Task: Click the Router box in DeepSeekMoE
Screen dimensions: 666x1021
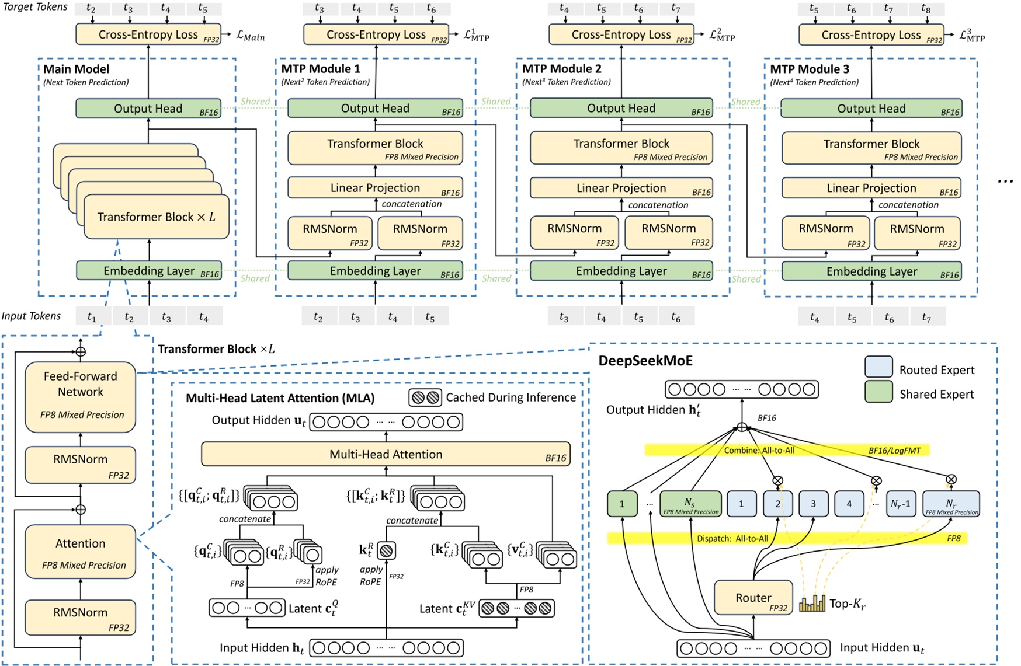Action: pyautogui.click(x=753, y=598)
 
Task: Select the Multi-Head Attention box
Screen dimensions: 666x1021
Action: pyautogui.click(x=386, y=454)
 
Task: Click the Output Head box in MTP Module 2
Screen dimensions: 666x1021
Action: pyautogui.click(x=621, y=108)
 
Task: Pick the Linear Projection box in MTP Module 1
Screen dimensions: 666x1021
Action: pyautogui.click(x=375, y=188)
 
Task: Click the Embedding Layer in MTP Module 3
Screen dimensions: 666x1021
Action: pyautogui.click(x=871, y=271)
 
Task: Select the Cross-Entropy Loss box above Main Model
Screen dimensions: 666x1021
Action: pyautogui.click(x=148, y=34)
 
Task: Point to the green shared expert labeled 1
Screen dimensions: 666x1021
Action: pyautogui.click(x=621, y=504)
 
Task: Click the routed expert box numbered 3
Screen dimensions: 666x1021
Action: pyautogui.click(x=813, y=504)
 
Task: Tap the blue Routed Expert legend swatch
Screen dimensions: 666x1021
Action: pyautogui.click(x=878, y=367)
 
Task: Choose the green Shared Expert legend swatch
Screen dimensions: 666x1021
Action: pyautogui.click(x=878, y=392)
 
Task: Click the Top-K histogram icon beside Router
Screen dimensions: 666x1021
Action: pyautogui.click(x=812, y=603)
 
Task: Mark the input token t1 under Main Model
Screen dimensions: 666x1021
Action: pyautogui.click(x=92, y=317)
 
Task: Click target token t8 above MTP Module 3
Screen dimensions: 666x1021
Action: pyautogui.click(x=926, y=9)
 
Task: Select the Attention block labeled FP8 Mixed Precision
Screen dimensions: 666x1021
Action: pyautogui.click(x=81, y=552)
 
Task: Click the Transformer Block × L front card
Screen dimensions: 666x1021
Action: pyautogui.click(x=156, y=217)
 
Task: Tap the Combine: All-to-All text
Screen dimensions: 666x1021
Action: pyautogui.click(x=759, y=450)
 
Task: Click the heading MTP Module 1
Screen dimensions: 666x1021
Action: pyautogui.click(x=321, y=69)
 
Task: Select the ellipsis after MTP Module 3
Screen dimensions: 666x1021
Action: pyautogui.click(x=1005, y=182)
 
